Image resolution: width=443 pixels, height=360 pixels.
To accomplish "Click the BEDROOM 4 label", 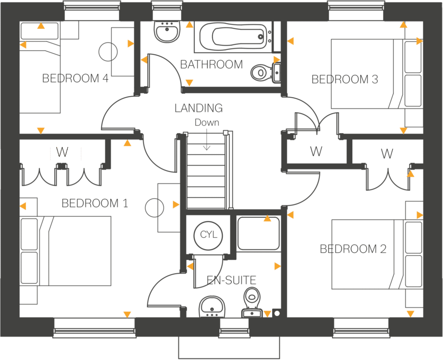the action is click(75, 78).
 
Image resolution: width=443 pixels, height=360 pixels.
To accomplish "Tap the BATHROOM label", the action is click(211, 64).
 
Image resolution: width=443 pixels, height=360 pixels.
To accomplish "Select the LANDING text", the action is click(199, 108).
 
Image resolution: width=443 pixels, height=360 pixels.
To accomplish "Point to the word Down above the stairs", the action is click(207, 123).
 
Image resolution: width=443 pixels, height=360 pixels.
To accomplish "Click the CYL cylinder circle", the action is click(208, 235).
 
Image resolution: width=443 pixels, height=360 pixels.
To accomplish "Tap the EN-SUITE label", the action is click(231, 280).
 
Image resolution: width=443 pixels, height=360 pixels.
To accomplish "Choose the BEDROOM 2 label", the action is click(353, 249).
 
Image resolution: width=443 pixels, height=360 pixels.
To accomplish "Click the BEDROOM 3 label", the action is click(345, 79).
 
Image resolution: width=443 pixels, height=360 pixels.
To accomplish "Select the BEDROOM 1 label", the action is click(95, 203).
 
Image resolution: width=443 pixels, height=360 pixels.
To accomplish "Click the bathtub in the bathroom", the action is click(233, 37).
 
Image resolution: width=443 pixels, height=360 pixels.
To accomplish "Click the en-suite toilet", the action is click(252, 302).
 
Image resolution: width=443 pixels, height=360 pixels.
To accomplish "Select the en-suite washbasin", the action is click(212, 307).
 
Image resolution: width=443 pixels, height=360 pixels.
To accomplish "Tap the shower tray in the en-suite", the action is click(259, 233).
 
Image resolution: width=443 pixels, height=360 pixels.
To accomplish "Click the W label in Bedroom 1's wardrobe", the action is click(62, 152).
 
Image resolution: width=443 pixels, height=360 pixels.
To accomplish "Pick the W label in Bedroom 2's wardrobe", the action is click(387, 154).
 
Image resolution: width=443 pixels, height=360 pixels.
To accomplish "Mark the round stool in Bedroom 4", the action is click(108, 52).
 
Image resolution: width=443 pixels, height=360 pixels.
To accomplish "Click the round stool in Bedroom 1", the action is click(154, 208).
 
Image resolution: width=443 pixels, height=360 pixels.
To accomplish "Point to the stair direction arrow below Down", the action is click(207, 139).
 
